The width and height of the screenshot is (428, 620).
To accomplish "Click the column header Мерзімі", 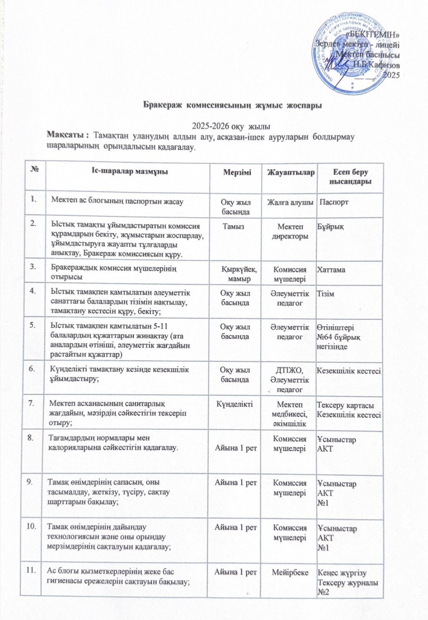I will click(x=237, y=172).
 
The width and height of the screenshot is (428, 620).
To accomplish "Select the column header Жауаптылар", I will click(x=290, y=172).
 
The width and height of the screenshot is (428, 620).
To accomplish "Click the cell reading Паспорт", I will click(x=333, y=202).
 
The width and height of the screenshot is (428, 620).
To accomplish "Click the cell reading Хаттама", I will click(x=331, y=270).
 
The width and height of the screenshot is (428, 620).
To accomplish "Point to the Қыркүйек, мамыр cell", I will click(x=239, y=274).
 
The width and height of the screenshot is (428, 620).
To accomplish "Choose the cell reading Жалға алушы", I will click(x=290, y=202).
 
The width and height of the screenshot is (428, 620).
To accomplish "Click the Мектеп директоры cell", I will click(x=290, y=231).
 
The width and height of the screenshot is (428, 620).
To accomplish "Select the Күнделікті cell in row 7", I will click(x=235, y=404).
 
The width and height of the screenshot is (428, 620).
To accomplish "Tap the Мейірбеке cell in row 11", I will click(x=290, y=572).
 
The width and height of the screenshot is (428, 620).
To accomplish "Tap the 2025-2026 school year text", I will click(x=231, y=126).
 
